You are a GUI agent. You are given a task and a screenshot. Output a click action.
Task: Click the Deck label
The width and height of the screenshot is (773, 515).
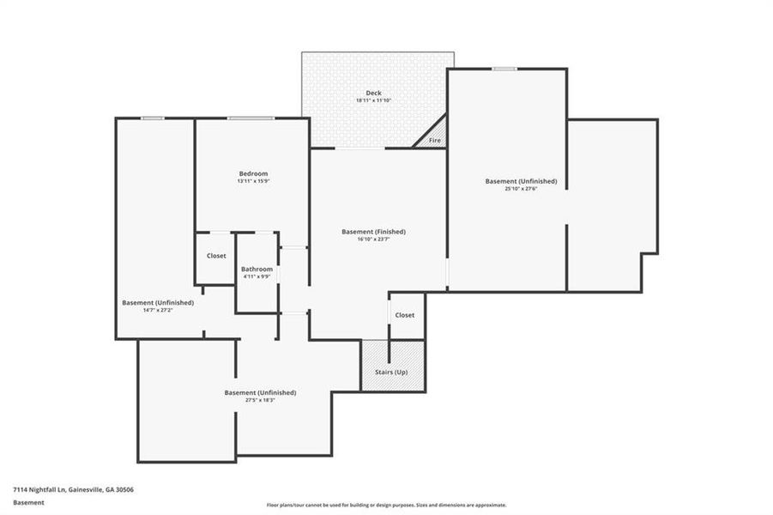click(x=373, y=93)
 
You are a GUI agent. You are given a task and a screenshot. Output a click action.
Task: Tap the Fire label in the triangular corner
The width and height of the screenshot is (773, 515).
click(x=435, y=140)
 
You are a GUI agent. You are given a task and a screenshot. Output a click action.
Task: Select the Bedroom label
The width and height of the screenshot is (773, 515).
click(x=253, y=173)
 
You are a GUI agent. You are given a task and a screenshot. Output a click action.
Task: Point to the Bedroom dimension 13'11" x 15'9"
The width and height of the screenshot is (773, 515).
click(x=253, y=181)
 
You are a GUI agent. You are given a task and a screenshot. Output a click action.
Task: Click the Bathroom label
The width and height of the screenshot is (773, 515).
click(x=257, y=269)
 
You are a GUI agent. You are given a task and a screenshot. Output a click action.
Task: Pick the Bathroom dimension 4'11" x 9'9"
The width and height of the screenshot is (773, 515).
click(x=257, y=276)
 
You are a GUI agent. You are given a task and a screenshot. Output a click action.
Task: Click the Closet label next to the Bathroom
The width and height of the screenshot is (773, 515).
click(x=216, y=256)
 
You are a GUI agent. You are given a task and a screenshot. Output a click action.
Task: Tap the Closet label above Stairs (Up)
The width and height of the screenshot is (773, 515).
click(x=405, y=315)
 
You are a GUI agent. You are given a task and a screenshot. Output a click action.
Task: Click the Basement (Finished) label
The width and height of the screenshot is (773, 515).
click(x=373, y=232)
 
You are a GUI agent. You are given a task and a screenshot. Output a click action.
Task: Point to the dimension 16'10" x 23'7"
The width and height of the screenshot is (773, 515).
click(x=373, y=239)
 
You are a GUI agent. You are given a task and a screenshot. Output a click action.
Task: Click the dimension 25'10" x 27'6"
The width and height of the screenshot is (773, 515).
click(x=521, y=189)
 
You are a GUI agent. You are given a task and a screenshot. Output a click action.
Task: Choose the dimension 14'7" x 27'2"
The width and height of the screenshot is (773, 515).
click(x=158, y=310)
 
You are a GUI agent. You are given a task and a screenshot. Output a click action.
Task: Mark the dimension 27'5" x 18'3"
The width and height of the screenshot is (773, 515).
click(x=260, y=400)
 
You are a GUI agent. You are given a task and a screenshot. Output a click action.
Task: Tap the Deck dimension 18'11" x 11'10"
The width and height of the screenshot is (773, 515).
click(x=373, y=100)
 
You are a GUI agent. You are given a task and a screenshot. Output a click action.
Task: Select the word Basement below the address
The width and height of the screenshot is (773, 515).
click(x=28, y=503)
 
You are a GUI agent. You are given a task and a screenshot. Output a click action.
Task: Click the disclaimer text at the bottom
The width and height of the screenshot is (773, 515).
click(x=386, y=505)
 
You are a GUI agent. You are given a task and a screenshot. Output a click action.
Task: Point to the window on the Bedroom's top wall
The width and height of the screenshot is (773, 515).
click(x=250, y=118)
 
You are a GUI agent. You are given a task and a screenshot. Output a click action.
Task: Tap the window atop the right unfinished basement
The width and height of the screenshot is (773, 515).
click(x=504, y=69)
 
